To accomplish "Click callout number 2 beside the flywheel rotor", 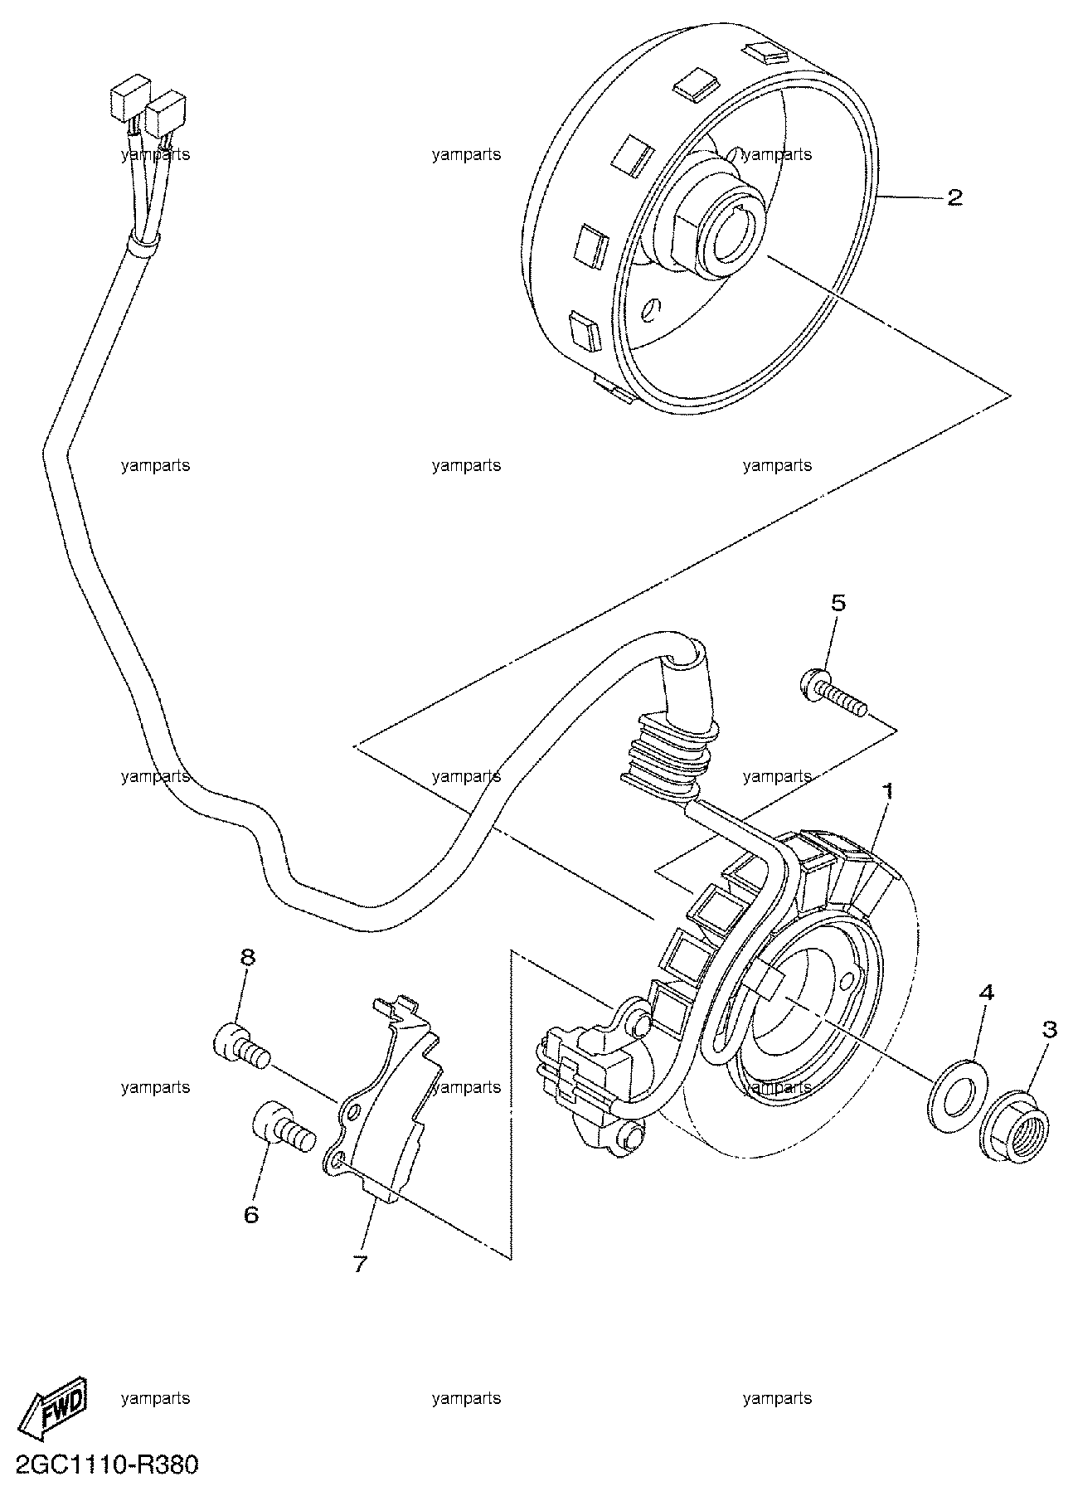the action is (954, 197).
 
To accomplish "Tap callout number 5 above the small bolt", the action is (839, 603).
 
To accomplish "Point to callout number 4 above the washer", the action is (985, 993).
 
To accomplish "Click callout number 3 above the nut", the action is (1050, 1030).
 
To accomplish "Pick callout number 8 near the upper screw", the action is (248, 958).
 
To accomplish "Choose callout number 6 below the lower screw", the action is (250, 1215).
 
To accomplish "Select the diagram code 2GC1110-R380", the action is (101, 1466).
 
